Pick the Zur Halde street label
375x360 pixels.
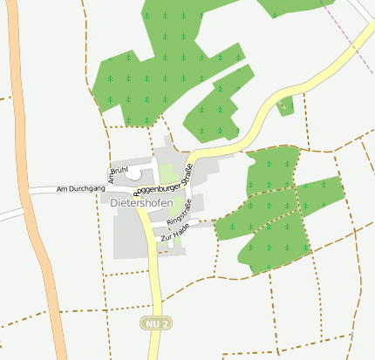(174, 233)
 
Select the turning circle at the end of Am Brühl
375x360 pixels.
(133, 174)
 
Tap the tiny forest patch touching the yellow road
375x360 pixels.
(285, 106)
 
